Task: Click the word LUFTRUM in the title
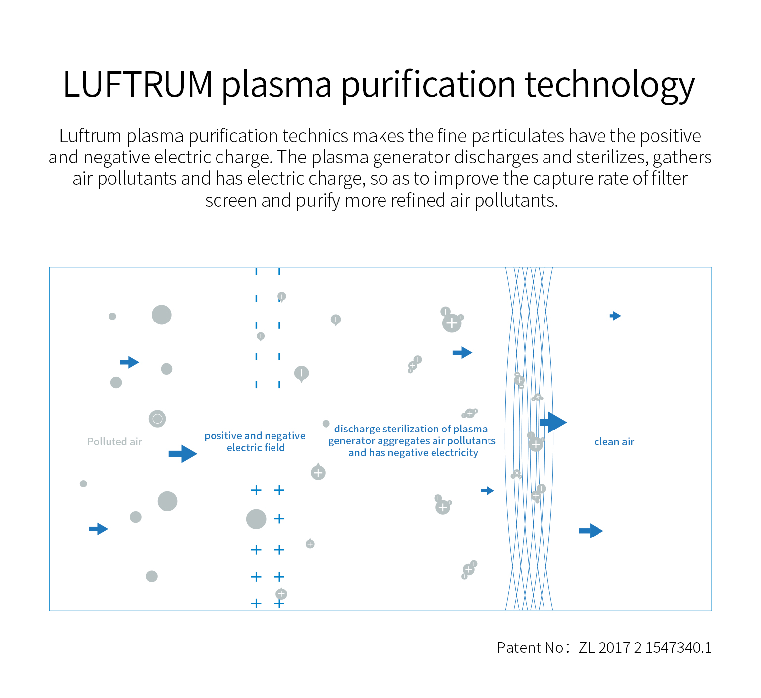138,84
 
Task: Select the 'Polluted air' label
114,442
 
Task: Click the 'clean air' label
614,442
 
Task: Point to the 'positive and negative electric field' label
255,442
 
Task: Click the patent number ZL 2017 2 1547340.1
645,647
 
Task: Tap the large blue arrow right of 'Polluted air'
183,453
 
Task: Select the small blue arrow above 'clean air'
615,316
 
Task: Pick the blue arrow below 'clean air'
591,531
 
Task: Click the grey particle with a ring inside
157,419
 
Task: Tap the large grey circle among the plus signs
256,519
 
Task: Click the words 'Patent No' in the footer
530,647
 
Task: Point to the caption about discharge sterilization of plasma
412,441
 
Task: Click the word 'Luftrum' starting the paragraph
90,136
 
